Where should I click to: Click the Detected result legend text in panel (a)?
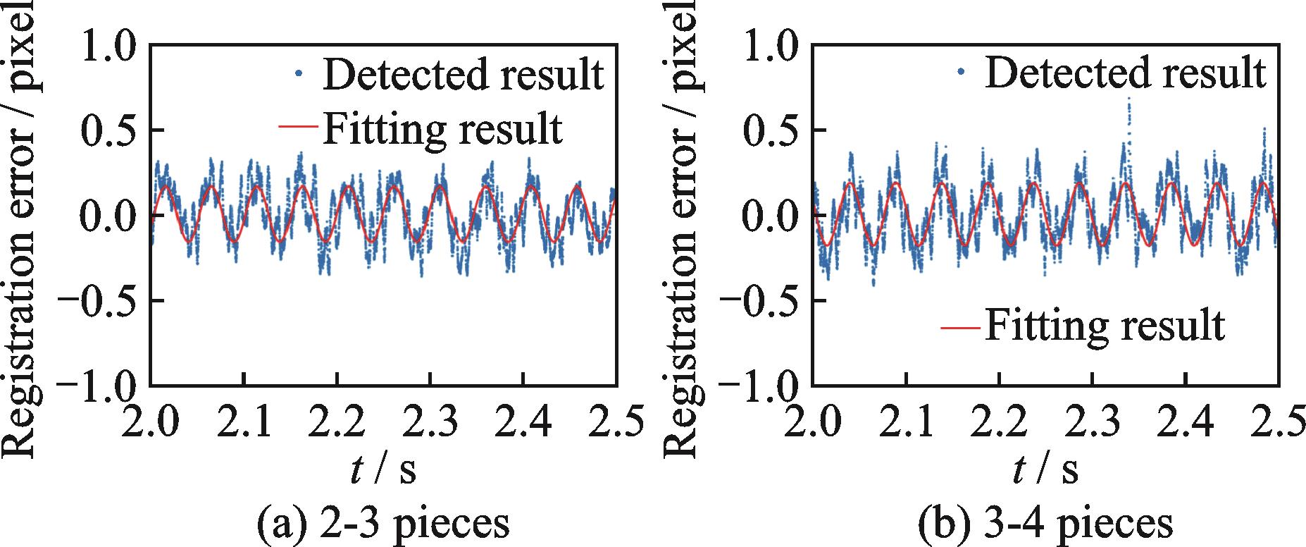point(463,73)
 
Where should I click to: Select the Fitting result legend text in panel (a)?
point(442,128)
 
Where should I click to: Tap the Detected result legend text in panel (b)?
point(1125,72)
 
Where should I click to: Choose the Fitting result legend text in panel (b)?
point(1104,326)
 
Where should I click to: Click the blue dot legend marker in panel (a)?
point(299,72)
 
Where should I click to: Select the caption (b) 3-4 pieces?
point(1045,525)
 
